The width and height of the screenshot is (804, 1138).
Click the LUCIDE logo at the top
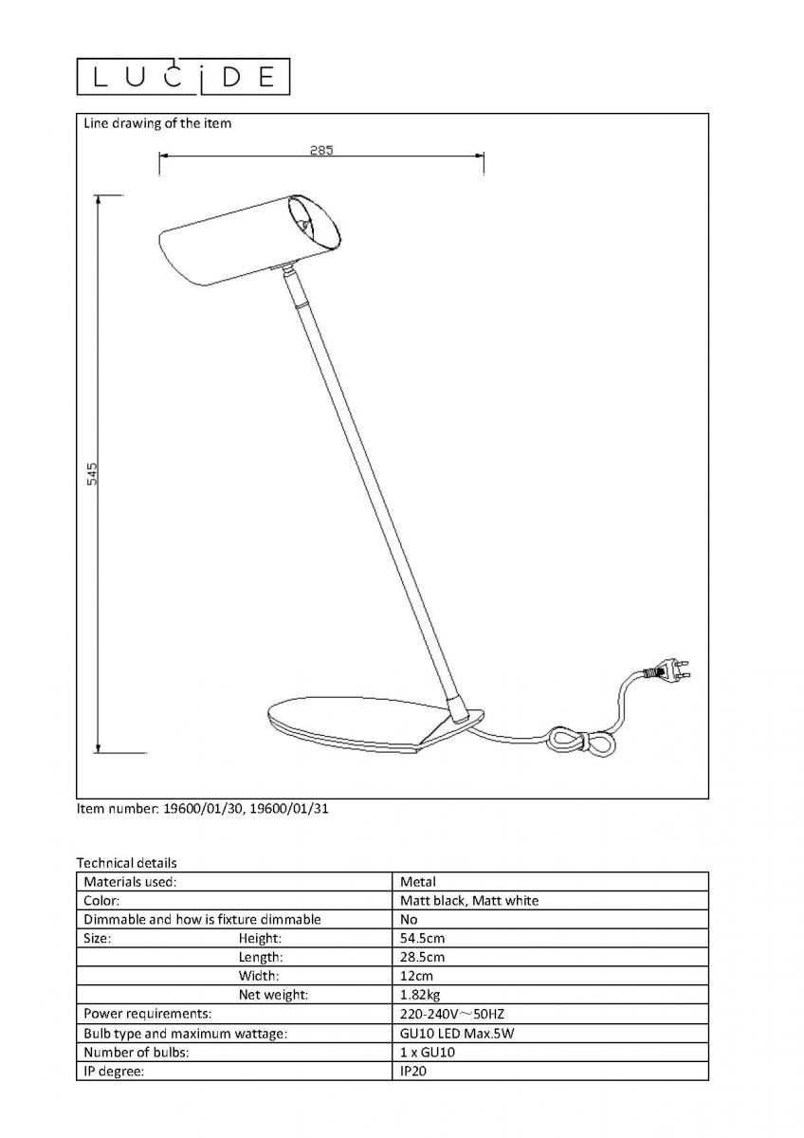tap(183, 77)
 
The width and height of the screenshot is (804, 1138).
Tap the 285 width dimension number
tap(321, 151)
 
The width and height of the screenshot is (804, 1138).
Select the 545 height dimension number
tap(92, 474)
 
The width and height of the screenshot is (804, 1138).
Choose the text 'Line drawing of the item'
tap(157, 123)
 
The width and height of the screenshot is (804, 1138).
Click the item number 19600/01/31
tap(289, 808)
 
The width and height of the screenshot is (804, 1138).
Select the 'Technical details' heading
tap(126, 863)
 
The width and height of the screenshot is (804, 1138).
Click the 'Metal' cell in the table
tap(418, 882)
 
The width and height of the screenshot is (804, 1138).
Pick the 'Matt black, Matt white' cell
tap(469, 901)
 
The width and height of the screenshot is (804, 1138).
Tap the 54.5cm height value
tap(422, 938)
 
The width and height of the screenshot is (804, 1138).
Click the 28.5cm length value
tap(422, 957)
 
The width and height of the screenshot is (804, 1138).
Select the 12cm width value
tap(416, 976)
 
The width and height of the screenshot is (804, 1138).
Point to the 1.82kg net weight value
tap(420, 995)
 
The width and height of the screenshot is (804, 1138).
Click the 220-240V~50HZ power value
tap(452, 1014)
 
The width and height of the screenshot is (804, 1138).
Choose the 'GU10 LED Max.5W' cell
tap(457, 1034)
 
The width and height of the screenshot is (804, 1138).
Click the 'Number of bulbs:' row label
tap(137, 1052)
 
